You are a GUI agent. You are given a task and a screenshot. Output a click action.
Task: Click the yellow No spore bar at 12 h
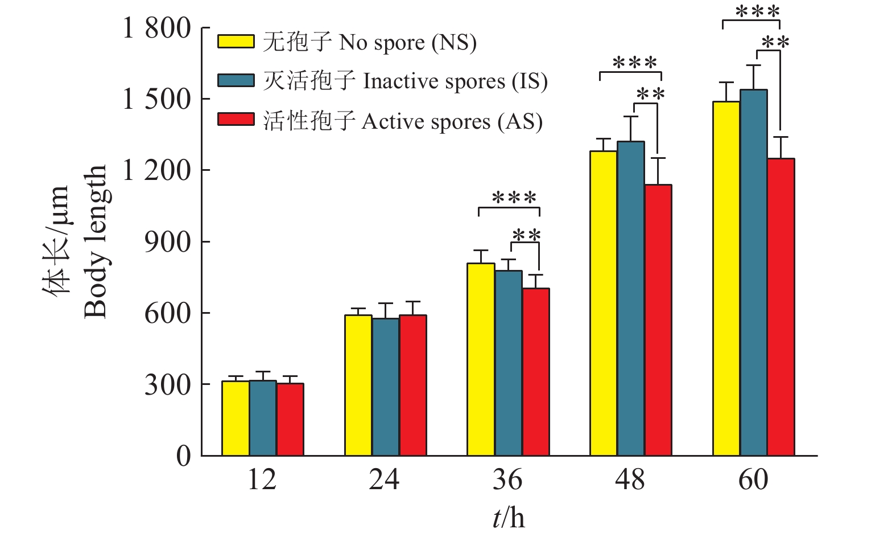(x=236, y=418)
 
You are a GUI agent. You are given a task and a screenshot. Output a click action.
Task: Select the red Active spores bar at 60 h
(x=781, y=307)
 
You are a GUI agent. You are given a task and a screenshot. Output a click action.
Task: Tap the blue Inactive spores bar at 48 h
(x=631, y=298)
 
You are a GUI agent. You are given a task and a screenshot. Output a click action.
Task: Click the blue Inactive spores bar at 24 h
(x=386, y=387)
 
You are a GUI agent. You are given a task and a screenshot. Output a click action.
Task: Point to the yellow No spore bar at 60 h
(x=726, y=278)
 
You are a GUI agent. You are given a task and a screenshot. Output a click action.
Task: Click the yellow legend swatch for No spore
(x=236, y=42)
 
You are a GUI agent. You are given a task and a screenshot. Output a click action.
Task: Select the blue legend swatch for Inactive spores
(x=236, y=80)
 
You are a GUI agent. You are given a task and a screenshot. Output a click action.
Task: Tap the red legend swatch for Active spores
(x=236, y=119)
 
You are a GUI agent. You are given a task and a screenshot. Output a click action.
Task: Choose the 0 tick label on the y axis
(x=183, y=456)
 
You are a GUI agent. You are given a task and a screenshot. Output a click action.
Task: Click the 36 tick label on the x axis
(x=507, y=479)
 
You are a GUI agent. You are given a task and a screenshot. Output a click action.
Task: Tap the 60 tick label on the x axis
(x=753, y=479)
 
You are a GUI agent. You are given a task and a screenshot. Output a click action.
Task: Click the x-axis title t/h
(x=509, y=518)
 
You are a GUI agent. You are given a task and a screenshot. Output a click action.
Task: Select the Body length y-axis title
(x=96, y=241)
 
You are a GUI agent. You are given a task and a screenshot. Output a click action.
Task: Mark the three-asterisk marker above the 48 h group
(x=635, y=62)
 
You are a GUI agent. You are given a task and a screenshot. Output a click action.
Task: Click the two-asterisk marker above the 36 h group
(x=526, y=235)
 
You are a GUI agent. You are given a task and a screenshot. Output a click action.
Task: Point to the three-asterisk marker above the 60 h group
(x=757, y=11)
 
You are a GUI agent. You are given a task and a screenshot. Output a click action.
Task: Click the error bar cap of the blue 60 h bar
(x=754, y=65)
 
